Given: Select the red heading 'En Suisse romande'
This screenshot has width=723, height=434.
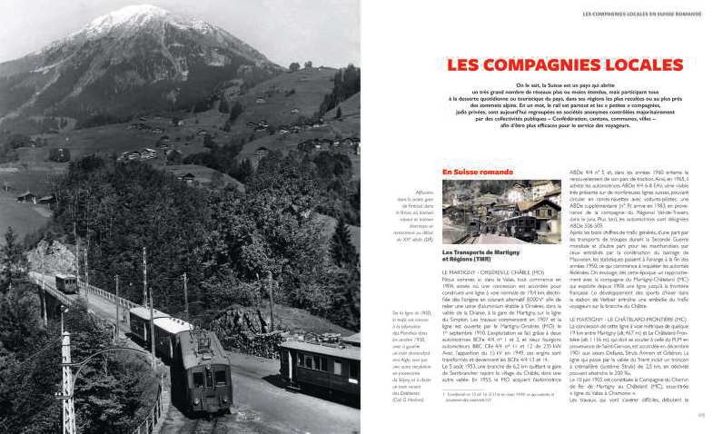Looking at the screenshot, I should pyautogui.click(x=478, y=172).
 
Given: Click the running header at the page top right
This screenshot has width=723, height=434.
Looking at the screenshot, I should pyautogui.click(x=641, y=15).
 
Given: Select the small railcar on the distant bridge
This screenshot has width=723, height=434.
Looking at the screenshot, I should pyautogui.click(x=66, y=283).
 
